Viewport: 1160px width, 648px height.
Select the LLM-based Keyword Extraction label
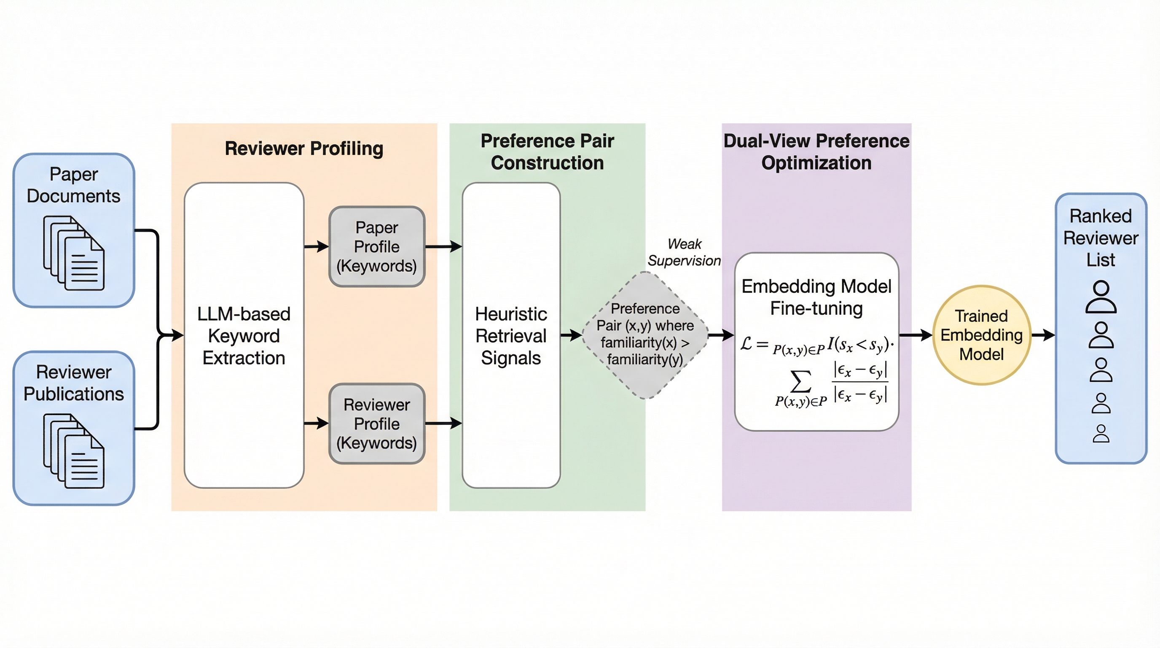[x=244, y=336]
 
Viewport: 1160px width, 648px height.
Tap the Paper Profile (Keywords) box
[x=376, y=246]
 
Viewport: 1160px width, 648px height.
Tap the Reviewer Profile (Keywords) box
[x=376, y=424]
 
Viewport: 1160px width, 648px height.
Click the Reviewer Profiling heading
[x=304, y=148]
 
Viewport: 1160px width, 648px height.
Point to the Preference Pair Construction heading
[x=547, y=152]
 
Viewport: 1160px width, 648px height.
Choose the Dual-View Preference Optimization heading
[x=816, y=152]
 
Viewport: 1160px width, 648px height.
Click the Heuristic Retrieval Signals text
[x=511, y=336]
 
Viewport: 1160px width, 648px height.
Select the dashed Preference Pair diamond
[x=645, y=335]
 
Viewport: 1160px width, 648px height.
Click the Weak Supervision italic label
[x=684, y=252]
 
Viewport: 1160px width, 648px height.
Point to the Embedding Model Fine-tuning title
[x=816, y=297]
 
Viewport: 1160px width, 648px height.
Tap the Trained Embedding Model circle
[x=981, y=335]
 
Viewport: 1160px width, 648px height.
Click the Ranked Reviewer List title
[x=1101, y=238]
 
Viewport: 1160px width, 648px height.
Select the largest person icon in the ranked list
[x=1101, y=297]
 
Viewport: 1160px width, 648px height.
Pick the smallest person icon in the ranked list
[x=1101, y=434]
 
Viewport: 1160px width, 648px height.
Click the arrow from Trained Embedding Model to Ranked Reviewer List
[x=1043, y=335]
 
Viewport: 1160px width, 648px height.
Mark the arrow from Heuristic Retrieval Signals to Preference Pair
[x=571, y=335]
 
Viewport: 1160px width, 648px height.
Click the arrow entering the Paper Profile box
[x=317, y=246]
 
